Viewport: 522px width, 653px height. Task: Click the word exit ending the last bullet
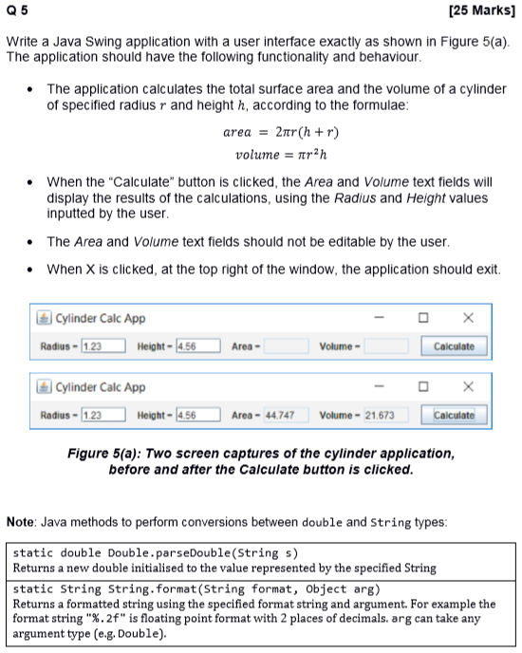point(483,269)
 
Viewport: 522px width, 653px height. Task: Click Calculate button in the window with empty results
point(454,346)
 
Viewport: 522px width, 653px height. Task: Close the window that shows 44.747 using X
point(466,387)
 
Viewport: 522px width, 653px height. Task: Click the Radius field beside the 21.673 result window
point(104,416)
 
